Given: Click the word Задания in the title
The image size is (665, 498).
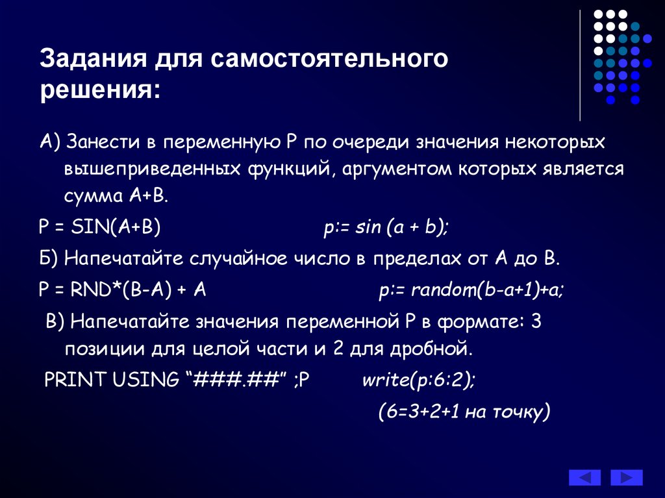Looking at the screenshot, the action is [94, 58].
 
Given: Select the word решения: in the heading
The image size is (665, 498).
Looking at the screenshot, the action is [101, 90].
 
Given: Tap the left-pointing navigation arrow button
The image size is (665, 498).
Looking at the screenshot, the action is [584, 478].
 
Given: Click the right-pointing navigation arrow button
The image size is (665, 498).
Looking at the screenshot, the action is [627, 478].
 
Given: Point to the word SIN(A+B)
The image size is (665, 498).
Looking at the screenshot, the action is [116, 227].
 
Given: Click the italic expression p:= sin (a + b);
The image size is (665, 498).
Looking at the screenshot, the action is [386, 227].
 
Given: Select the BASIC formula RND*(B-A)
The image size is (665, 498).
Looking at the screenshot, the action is [121, 290].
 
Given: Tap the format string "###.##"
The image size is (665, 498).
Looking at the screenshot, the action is [235, 379].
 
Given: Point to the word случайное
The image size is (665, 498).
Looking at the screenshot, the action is [238, 259].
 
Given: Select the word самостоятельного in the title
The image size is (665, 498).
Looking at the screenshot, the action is [329, 58].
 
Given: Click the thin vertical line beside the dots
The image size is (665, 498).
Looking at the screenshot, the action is [580, 66].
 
